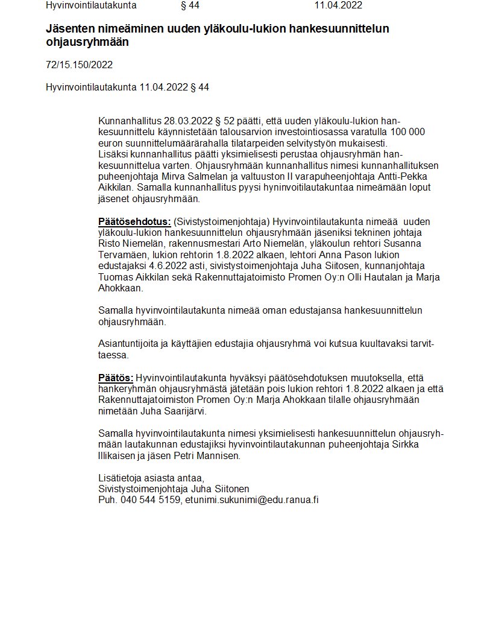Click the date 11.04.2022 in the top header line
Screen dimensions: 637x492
[x=338, y=5]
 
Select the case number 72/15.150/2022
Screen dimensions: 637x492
[x=79, y=65]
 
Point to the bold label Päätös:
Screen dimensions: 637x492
[x=116, y=378]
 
